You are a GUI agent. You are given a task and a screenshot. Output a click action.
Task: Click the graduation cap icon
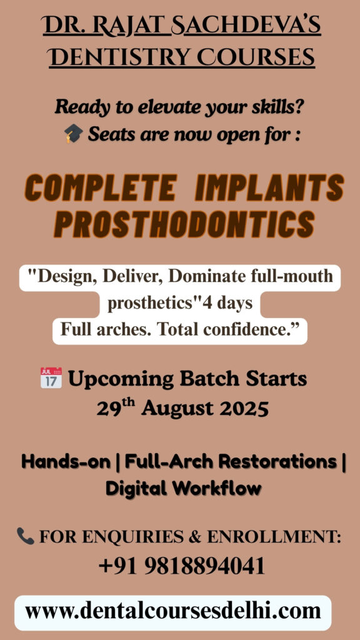tap(74, 134)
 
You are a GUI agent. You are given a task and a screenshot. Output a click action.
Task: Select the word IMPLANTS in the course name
tap(269, 188)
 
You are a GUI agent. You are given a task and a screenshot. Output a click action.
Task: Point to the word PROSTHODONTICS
tap(184, 225)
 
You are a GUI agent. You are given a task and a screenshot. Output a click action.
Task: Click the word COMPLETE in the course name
tap(101, 188)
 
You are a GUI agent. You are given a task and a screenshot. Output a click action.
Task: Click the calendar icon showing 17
tap(51, 377)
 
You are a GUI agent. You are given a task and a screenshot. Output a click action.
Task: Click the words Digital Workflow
tap(183, 488)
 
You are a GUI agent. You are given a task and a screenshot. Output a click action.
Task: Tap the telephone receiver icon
tap(25, 536)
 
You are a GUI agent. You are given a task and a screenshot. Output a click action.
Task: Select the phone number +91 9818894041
tap(182, 566)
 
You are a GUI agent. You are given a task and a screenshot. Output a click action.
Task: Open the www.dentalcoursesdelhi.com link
tap(173, 611)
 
